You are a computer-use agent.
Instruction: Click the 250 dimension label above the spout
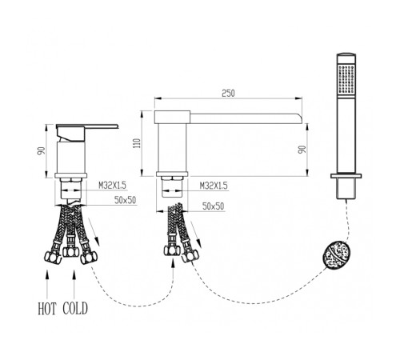(x=228, y=94)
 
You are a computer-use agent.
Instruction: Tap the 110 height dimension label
(x=138, y=143)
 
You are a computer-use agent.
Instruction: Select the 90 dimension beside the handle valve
(x=42, y=151)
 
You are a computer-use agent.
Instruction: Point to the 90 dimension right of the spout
(x=302, y=150)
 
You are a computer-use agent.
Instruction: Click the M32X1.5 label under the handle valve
(x=112, y=185)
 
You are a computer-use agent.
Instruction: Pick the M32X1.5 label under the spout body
(x=214, y=186)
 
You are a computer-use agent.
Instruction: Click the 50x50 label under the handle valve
(x=126, y=200)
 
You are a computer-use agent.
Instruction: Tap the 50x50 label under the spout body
(x=214, y=206)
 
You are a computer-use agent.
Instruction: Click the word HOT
(x=47, y=309)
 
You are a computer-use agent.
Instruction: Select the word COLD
(x=75, y=309)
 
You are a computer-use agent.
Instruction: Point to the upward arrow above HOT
(x=47, y=284)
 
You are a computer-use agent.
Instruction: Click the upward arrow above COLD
(x=74, y=284)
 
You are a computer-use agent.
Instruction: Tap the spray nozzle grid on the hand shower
(x=346, y=79)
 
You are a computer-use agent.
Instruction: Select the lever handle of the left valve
(x=87, y=126)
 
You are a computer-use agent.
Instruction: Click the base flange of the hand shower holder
(x=346, y=176)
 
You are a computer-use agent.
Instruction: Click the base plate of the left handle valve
(x=71, y=175)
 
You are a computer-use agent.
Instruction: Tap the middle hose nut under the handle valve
(x=70, y=251)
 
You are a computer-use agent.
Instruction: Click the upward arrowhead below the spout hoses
(x=173, y=263)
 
